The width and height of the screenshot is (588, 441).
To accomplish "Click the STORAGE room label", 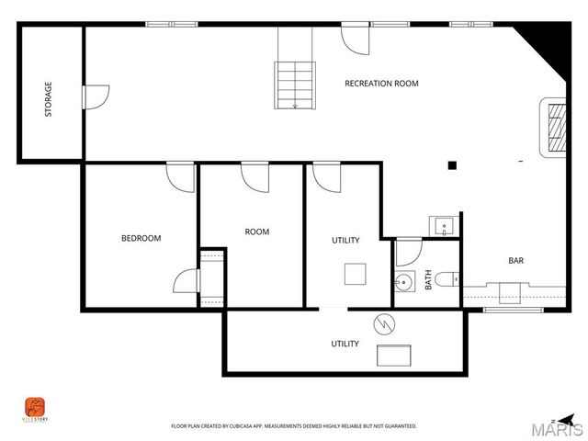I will [49, 99].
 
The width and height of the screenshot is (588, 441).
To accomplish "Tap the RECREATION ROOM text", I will [381, 84].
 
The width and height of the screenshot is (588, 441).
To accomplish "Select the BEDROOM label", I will [141, 238].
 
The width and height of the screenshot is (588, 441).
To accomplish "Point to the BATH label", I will [428, 279].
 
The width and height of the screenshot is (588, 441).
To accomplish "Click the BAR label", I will [516, 261].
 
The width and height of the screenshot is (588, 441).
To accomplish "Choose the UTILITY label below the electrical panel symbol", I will [345, 344].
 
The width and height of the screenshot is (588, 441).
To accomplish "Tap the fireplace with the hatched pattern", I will [556, 127].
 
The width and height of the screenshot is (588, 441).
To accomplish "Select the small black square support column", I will [452, 165].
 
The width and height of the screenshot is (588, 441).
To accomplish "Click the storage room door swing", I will [96, 96].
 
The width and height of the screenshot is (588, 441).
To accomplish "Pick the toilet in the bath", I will [447, 279].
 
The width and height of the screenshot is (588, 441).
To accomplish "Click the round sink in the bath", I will [404, 282].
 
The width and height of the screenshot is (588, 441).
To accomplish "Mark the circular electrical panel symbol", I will [382, 323].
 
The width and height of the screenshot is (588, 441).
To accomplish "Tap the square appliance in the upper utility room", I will [355, 274].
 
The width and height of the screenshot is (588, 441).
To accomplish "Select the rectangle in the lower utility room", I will [397, 356].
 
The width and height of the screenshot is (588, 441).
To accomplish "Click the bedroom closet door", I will [187, 280].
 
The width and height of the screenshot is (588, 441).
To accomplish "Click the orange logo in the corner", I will [34, 407].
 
